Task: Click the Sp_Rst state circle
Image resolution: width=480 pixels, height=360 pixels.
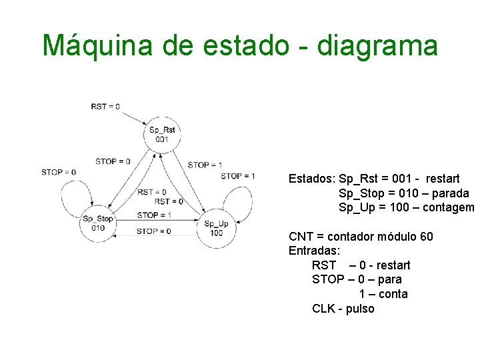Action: click(x=162, y=135)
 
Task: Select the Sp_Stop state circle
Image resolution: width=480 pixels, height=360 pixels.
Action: click(x=98, y=223)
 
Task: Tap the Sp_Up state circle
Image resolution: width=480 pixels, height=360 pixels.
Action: click(x=216, y=229)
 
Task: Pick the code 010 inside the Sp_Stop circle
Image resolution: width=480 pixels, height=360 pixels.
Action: click(x=98, y=227)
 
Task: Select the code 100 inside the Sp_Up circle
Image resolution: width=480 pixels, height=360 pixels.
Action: click(x=216, y=233)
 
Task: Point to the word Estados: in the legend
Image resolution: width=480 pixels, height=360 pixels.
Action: click(x=312, y=179)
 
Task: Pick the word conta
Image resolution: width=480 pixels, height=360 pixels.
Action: click(x=392, y=294)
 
